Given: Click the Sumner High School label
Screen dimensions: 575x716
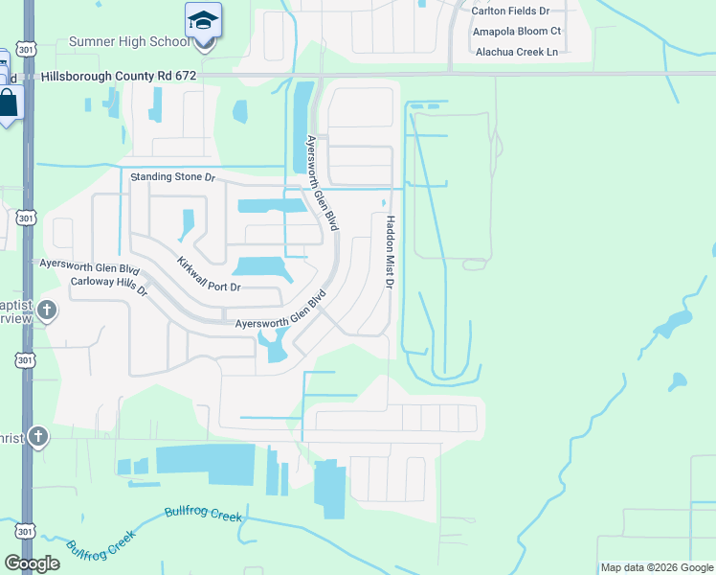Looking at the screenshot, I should click(x=128, y=42).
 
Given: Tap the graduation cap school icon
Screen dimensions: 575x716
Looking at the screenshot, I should click(x=203, y=20).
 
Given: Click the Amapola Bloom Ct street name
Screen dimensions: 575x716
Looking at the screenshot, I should click(x=516, y=32).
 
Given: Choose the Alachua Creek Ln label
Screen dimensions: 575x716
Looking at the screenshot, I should click(x=516, y=52).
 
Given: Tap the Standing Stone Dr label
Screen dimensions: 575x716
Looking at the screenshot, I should click(x=173, y=177).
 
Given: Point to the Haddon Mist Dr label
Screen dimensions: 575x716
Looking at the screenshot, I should click(x=390, y=251).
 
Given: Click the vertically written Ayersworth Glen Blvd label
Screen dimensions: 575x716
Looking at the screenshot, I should click(x=318, y=178).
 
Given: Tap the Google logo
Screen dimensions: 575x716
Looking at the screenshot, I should click(x=33, y=563).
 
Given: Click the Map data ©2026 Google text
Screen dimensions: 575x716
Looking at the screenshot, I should click(x=657, y=567).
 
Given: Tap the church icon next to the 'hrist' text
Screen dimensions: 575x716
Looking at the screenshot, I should click(x=37, y=436).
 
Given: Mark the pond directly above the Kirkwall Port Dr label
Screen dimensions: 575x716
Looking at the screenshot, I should click(x=257, y=266).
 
